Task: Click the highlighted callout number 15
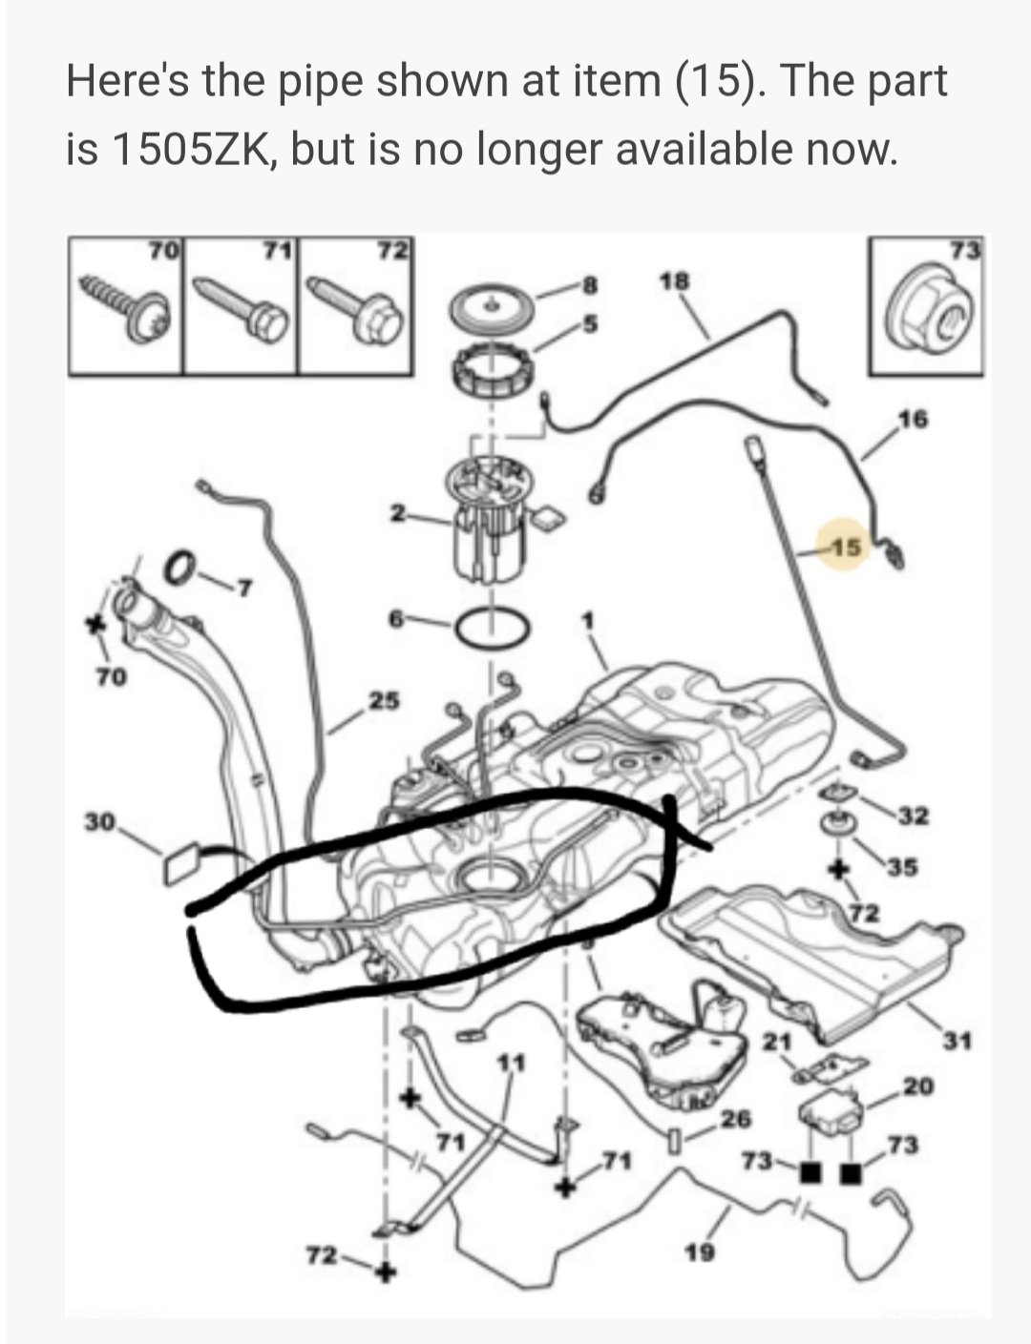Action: pyautogui.click(x=847, y=547)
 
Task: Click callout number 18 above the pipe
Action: pyautogui.click(x=675, y=282)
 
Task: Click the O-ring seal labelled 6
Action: pyautogui.click(x=494, y=629)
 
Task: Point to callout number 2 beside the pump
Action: pyautogui.click(x=397, y=513)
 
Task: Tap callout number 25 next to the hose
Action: pyautogui.click(x=385, y=700)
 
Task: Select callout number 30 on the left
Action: pyautogui.click(x=100, y=822)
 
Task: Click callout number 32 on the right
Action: pyautogui.click(x=915, y=817)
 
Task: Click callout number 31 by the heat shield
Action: pyautogui.click(x=957, y=1042)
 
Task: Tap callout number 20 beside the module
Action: pyautogui.click(x=918, y=1086)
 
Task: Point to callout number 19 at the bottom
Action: pyautogui.click(x=700, y=1252)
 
